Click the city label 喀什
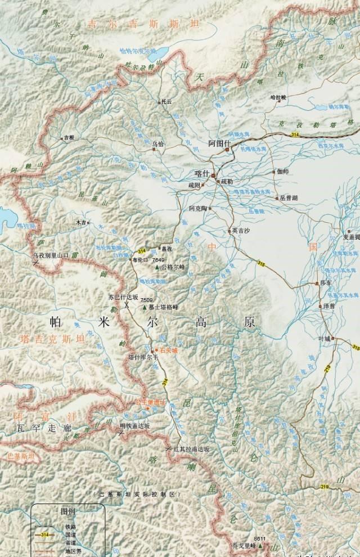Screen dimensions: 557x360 coord(200,174)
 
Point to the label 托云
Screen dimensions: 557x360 coord(166,102)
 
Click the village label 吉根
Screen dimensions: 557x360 coord(69,137)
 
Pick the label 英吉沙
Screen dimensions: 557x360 coord(241,230)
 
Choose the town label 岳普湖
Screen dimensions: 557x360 coord(287,198)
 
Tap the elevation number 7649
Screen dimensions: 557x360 coord(158,260)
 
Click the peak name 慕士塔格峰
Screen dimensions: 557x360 coord(168,307)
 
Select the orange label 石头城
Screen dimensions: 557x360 coord(169,350)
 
